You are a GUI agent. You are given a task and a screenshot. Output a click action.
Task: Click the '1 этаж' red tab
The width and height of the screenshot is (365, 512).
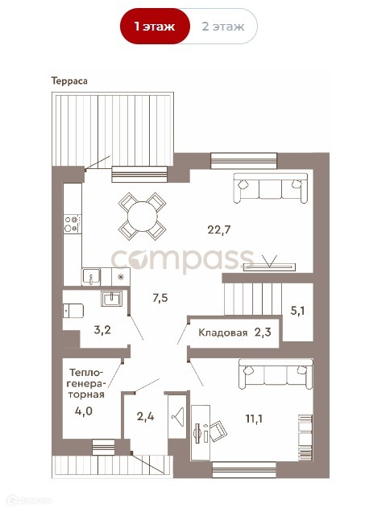155,26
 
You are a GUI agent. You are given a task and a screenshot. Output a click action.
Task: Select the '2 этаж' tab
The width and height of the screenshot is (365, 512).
223,26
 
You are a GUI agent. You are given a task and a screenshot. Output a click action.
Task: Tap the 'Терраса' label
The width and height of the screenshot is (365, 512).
69,81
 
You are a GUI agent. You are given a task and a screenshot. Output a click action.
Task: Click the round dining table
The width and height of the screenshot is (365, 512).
142,217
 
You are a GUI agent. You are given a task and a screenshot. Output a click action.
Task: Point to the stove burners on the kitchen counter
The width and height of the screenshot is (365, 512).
73,224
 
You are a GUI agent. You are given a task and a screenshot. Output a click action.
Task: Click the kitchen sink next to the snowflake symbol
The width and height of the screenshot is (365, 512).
91,277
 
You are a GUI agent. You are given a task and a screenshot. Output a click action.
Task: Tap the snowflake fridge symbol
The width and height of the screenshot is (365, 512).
121,277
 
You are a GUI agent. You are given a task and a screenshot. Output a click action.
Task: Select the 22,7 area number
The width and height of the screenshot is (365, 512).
219,229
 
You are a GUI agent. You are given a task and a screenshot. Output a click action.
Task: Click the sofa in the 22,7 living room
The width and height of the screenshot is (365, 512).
270,188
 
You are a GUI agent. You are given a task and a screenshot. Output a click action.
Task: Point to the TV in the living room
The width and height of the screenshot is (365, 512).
270,264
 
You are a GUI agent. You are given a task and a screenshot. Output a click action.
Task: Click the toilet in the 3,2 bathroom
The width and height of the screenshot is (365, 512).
73,310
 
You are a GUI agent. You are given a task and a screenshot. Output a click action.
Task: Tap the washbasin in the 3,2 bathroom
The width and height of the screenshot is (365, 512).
111,298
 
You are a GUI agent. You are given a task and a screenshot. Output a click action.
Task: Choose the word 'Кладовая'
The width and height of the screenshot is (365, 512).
223,332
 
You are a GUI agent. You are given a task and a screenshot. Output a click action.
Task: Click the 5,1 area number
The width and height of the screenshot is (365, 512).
297,310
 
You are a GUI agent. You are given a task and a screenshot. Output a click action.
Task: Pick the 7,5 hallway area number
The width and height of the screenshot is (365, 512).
160,298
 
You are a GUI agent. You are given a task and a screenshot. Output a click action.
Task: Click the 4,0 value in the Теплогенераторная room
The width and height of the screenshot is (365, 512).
83,411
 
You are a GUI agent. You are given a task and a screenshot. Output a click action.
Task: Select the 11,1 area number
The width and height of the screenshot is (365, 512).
254,419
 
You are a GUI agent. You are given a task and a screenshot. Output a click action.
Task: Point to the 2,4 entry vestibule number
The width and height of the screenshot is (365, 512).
145,416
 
